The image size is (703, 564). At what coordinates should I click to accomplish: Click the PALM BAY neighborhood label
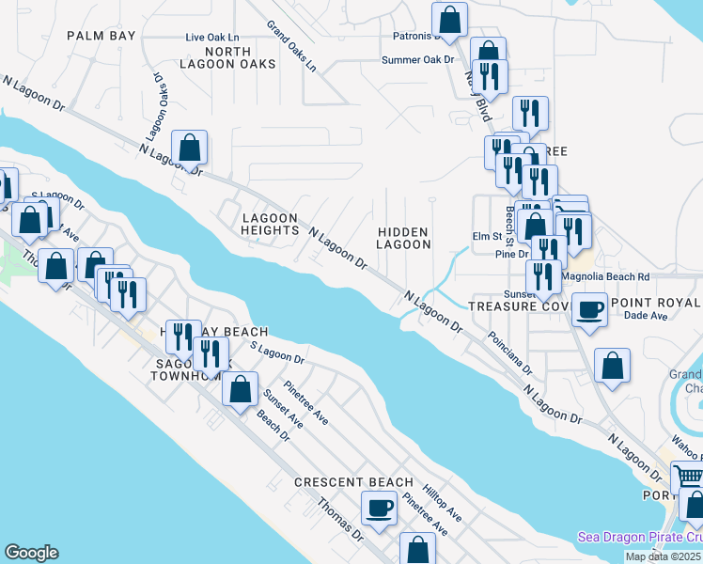click(102, 36)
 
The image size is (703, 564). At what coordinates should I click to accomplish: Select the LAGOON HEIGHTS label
click(270, 225)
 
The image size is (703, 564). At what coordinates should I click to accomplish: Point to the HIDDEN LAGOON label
click(403, 238)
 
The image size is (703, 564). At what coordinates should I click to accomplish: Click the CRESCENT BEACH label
click(353, 482)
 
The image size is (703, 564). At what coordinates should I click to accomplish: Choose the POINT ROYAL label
click(655, 303)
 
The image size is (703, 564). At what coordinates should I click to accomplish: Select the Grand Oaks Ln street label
click(290, 47)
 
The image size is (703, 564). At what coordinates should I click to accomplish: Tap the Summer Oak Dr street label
click(417, 59)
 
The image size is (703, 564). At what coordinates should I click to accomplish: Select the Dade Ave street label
click(626, 317)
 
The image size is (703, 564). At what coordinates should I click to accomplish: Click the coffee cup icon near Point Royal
click(590, 309)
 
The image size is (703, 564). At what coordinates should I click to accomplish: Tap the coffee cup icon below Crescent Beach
click(380, 508)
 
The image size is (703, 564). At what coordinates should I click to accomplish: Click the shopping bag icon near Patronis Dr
click(450, 19)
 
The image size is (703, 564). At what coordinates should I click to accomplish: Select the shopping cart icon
click(689, 476)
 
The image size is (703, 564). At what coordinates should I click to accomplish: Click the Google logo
click(31, 553)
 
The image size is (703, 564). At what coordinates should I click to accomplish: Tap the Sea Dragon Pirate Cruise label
click(640, 538)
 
